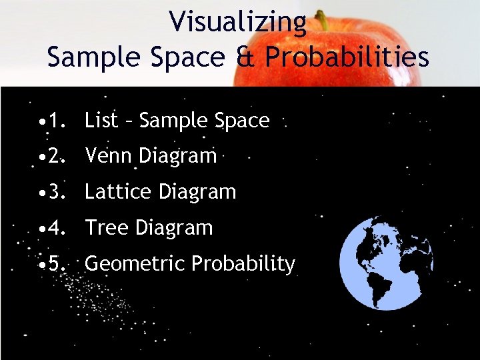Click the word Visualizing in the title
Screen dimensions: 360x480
pyautogui.click(x=237, y=21)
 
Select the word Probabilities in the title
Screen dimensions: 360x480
pyautogui.click(x=347, y=57)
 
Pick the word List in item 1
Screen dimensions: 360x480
pyautogui.click(x=101, y=121)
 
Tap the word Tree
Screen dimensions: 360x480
pyautogui.click(x=107, y=228)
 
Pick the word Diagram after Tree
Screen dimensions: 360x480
pyautogui.click(x=173, y=228)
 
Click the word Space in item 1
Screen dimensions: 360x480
pyautogui.click(x=242, y=121)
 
